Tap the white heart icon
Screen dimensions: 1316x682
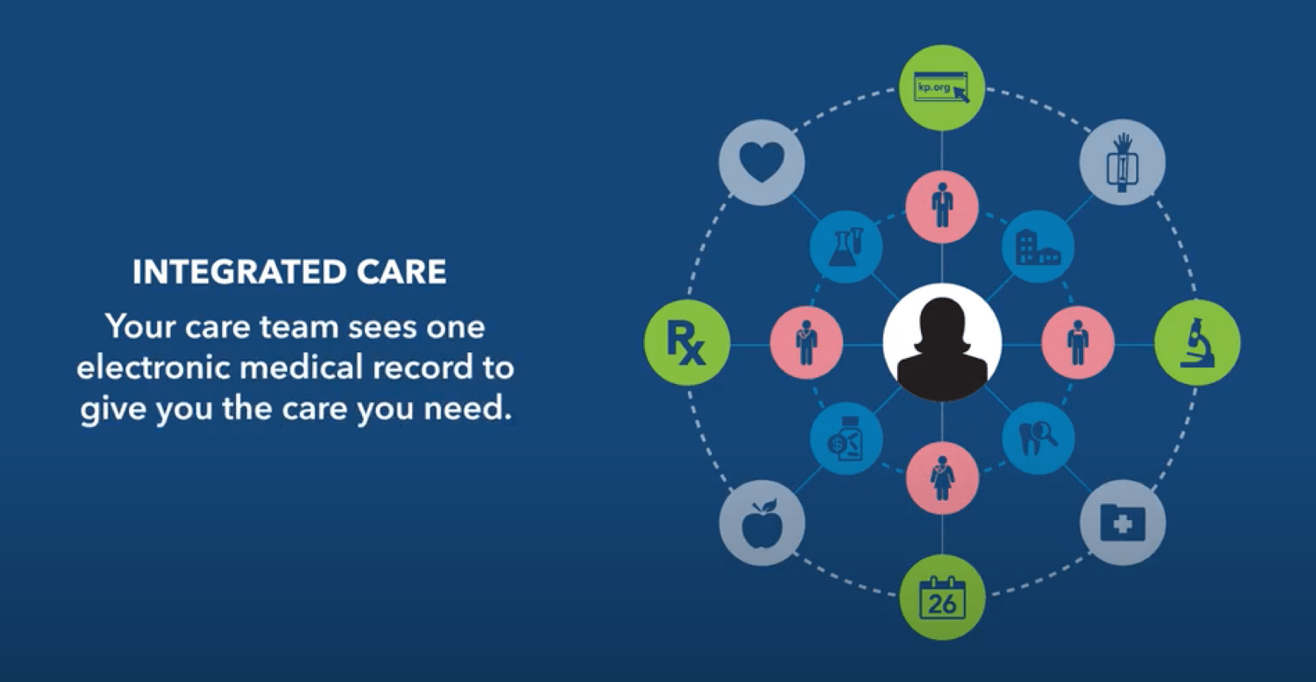coord(762,162)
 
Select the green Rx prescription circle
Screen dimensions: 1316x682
coord(687,343)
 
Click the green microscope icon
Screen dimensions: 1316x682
coord(1198,343)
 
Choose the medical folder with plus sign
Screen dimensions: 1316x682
coord(1123,523)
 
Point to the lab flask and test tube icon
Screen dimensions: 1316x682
coord(846,247)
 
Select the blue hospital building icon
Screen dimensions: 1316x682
coord(1038,247)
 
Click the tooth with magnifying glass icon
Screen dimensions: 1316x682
coord(1038,438)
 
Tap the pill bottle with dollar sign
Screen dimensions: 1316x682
coord(846,438)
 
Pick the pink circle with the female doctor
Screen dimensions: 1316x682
coord(942,478)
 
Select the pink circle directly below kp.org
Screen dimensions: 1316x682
coord(942,206)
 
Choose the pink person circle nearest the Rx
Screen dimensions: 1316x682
coord(806,343)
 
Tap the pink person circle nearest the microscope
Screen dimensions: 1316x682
coord(1078,343)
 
